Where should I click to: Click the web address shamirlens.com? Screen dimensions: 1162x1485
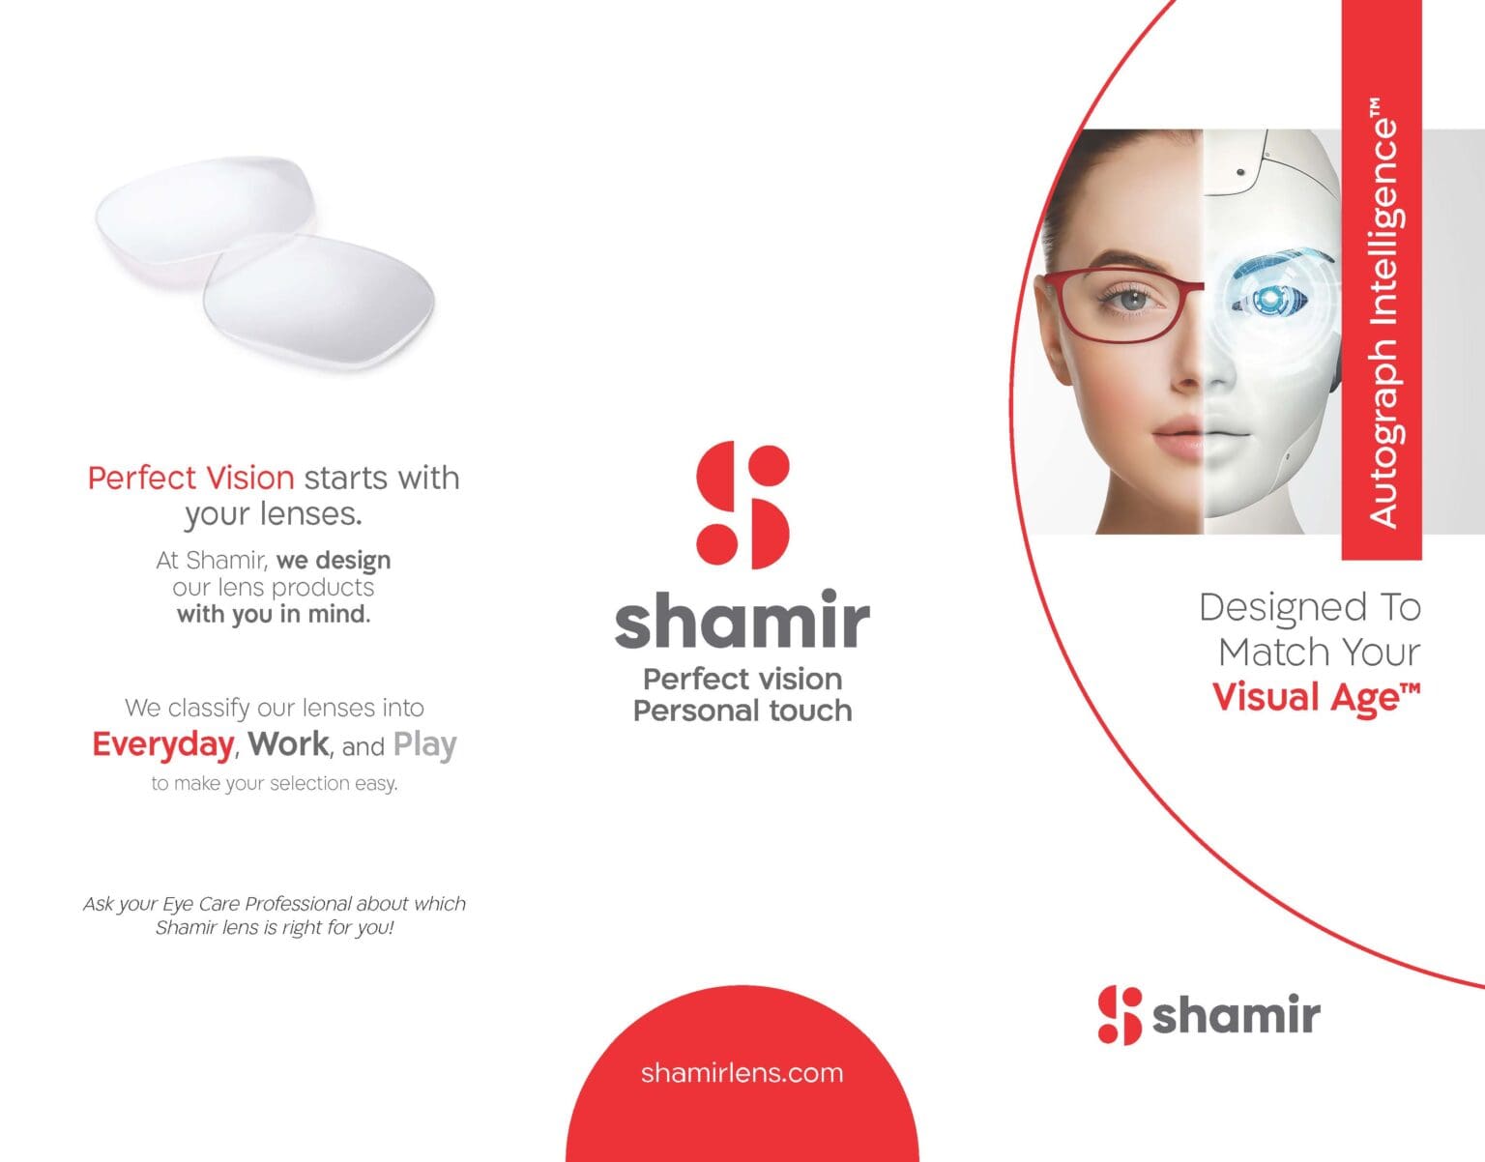point(742,1073)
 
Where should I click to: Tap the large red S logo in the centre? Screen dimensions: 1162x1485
point(742,505)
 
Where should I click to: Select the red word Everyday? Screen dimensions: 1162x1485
point(162,745)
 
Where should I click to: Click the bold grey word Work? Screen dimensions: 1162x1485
point(288,744)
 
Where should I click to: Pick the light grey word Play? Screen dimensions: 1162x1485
point(424,745)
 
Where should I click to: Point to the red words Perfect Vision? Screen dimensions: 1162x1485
point(190,478)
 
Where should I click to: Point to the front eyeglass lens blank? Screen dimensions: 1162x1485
point(319,300)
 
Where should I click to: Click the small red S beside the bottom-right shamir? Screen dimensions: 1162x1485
point(1120,1015)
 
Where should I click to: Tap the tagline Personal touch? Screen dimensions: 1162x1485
point(742,712)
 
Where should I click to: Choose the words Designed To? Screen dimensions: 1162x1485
point(1310,608)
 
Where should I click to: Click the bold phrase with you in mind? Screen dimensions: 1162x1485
point(274,615)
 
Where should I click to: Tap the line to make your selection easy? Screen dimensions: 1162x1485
point(274,784)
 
